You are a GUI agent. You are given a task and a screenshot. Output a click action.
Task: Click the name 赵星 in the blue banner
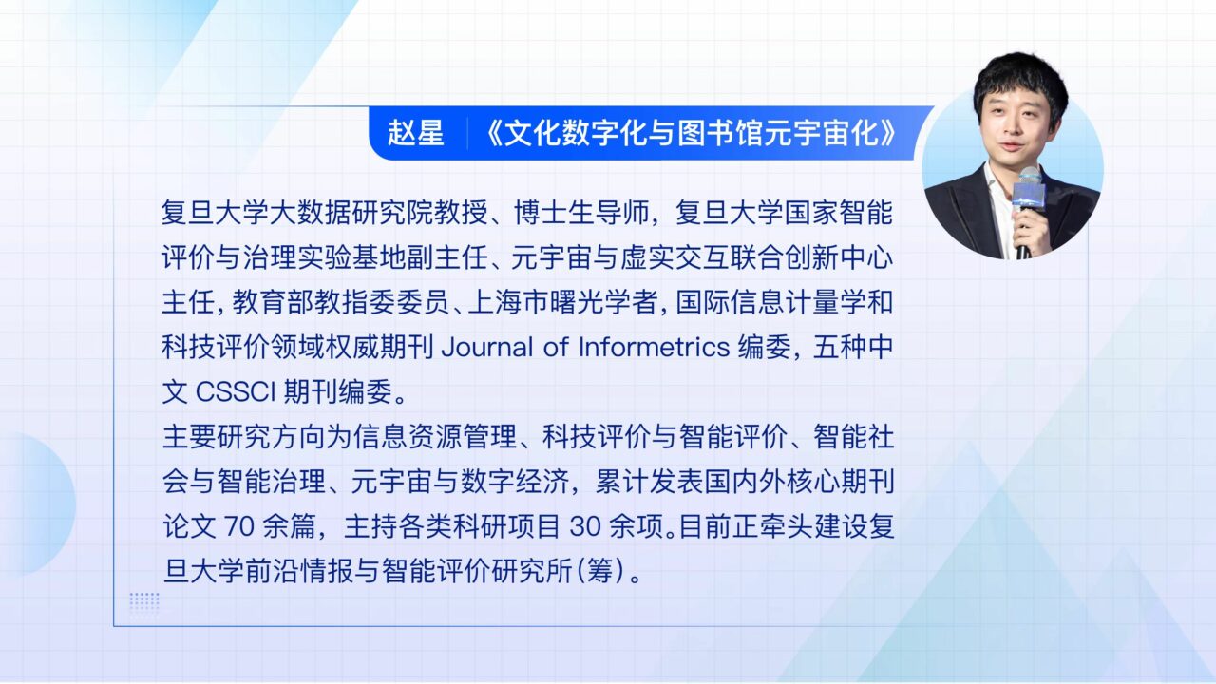coord(416,133)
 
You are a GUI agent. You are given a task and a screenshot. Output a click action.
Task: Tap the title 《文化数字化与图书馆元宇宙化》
coord(690,133)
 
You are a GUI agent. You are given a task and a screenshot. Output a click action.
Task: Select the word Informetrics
coord(655,348)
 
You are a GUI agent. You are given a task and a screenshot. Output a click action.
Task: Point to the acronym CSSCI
coord(236,392)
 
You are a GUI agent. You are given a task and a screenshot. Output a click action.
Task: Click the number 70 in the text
coord(239,526)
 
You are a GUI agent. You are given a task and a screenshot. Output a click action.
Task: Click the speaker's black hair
coord(1020,82)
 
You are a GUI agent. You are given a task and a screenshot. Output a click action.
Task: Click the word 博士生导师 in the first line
coord(582,213)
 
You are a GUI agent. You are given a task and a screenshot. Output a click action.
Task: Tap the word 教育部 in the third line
coord(273,302)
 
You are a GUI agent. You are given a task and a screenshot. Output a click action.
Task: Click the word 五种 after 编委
coord(839,348)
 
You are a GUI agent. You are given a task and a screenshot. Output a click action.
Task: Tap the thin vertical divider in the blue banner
coord(467,133)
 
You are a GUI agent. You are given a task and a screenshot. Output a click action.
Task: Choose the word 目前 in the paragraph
coord(705,526)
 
